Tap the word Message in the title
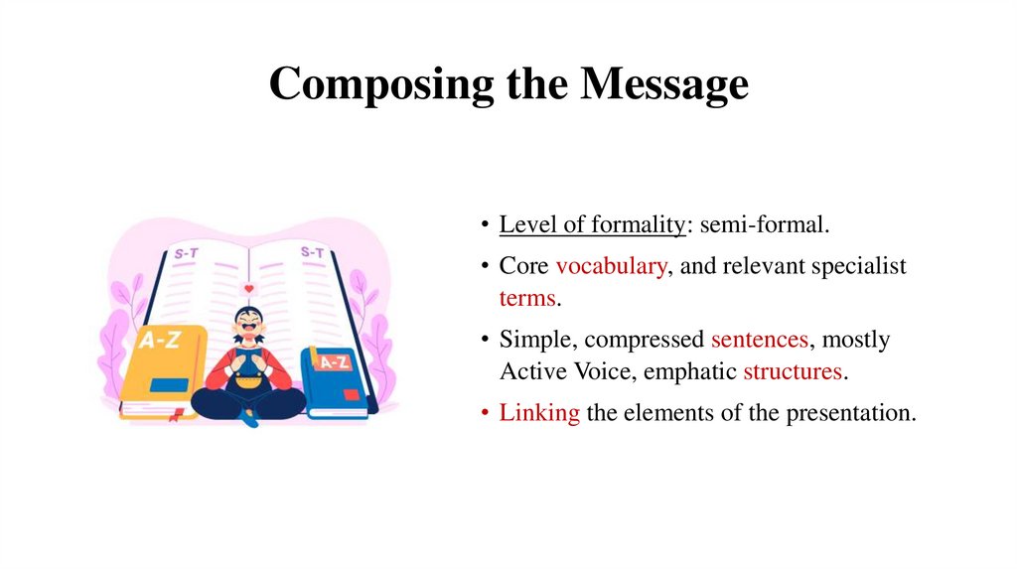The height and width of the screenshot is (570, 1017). click(x=664, y=83)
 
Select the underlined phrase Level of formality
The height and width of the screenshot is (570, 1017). click(x=592, y=224)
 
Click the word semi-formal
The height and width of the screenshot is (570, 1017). click(x=765, y=224)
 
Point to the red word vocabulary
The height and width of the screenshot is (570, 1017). click(x=611, y=266)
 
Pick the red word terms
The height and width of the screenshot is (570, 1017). click(x=526, y=298)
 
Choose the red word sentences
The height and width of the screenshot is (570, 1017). click(x=760, y=340)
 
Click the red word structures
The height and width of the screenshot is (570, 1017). click(x=794, y=371)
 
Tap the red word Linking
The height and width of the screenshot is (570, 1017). click(x=539, y=412)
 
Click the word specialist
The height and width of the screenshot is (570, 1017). click(x=858, y=266)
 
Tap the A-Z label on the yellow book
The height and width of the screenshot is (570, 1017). click(x=160, y=341)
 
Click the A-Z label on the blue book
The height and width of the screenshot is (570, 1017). click(x=333, y=361)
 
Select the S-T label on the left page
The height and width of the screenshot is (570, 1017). click(x=186, y=253)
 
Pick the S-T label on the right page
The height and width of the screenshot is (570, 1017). click(x=312, y=252)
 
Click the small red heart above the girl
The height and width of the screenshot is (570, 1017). click(x=248, y=289)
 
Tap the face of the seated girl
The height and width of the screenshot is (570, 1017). click(x=247, y=328)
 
